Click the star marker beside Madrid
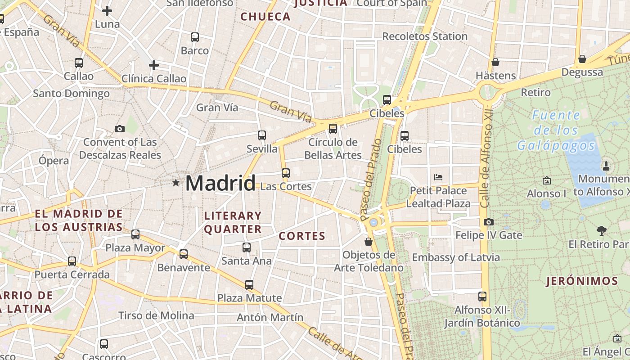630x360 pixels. click(x=175, y=183)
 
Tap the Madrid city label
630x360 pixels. click(x=220, y=183)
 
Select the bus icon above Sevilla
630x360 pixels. click(x=262, y=135)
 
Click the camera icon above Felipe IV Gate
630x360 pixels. click(x=488, y=222)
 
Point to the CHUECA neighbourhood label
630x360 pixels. click(x=265, y=17)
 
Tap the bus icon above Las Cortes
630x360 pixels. click(x=286, y=173)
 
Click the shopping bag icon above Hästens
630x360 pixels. click(x=495, y=62)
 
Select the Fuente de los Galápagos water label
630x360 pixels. click(x=556, y=130)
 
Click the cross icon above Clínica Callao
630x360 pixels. click(x=154, y=65)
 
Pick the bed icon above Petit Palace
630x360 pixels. click(x=438, y=177)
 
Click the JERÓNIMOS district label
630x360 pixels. click(x=582, y=282)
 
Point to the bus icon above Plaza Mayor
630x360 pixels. click(x=135, y=234)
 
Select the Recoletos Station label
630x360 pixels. click(x=425, y=36)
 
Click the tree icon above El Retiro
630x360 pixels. click(x=602, y=231)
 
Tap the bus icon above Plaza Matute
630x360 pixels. click(x=249, y=284)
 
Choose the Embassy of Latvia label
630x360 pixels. click(x=456, y=257)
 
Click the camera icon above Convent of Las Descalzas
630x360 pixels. click(x=120, y=129)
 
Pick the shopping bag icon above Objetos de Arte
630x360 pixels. click(x=369, y=242)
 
